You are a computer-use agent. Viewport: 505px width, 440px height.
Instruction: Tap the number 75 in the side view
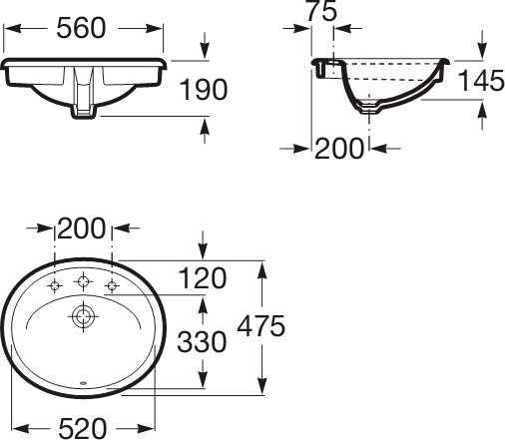point(320,12)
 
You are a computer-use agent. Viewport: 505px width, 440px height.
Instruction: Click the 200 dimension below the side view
point(340,149)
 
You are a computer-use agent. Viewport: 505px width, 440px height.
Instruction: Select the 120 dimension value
point(203,277)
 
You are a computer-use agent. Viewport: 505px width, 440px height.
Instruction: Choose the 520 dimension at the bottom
point(81,427)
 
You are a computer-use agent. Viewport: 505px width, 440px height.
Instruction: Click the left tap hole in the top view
point(56,287)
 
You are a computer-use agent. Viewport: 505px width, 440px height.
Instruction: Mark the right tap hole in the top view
point(112,287)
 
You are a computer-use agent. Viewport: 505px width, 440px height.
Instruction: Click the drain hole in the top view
point(83,318)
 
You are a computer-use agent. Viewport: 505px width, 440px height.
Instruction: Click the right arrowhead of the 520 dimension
point(149,428)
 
